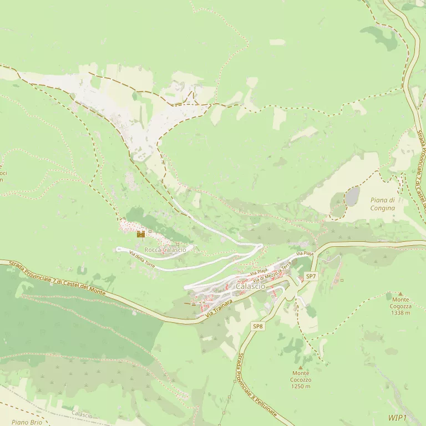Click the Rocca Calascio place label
pos(165,250)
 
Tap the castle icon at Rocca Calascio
pos(140,234)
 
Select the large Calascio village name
pos(250,286)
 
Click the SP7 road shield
pos(311,276)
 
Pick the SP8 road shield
pos(258,327)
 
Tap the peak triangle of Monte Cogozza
pos(400,293)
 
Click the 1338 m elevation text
pos(400,313)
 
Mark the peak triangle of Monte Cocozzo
pos(301,367)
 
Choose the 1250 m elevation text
pos(301,386)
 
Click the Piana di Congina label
pos(383,204)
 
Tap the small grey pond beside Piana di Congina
pos(352,196)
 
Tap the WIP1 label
pos(397,418)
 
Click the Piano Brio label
pos(27,422)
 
